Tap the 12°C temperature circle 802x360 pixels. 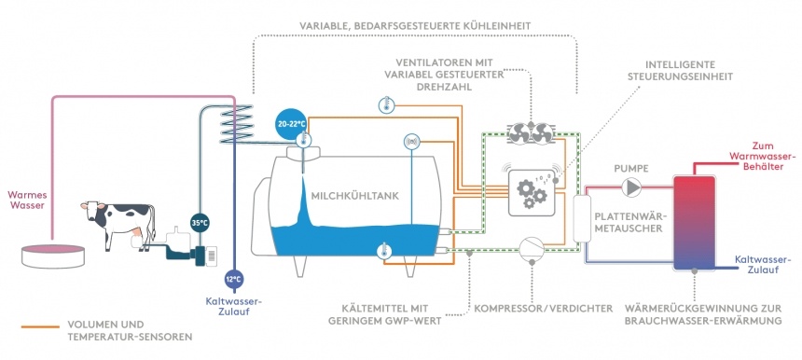coord(232,279)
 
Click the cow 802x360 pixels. coord(118,224)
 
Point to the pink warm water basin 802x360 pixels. coord(52,256)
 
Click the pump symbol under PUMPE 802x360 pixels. coord(632,187)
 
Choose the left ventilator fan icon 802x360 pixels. coord(519,134)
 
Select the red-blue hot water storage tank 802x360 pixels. coord(694,222)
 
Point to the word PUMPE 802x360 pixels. coord(631,168)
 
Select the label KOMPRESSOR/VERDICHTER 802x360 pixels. coord(544,309)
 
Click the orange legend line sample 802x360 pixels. coord(40,326)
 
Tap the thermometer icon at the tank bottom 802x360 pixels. coord(383,251)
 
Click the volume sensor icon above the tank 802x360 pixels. coord(411,141)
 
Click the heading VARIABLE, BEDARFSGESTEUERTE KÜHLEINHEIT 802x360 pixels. coord(416,25)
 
